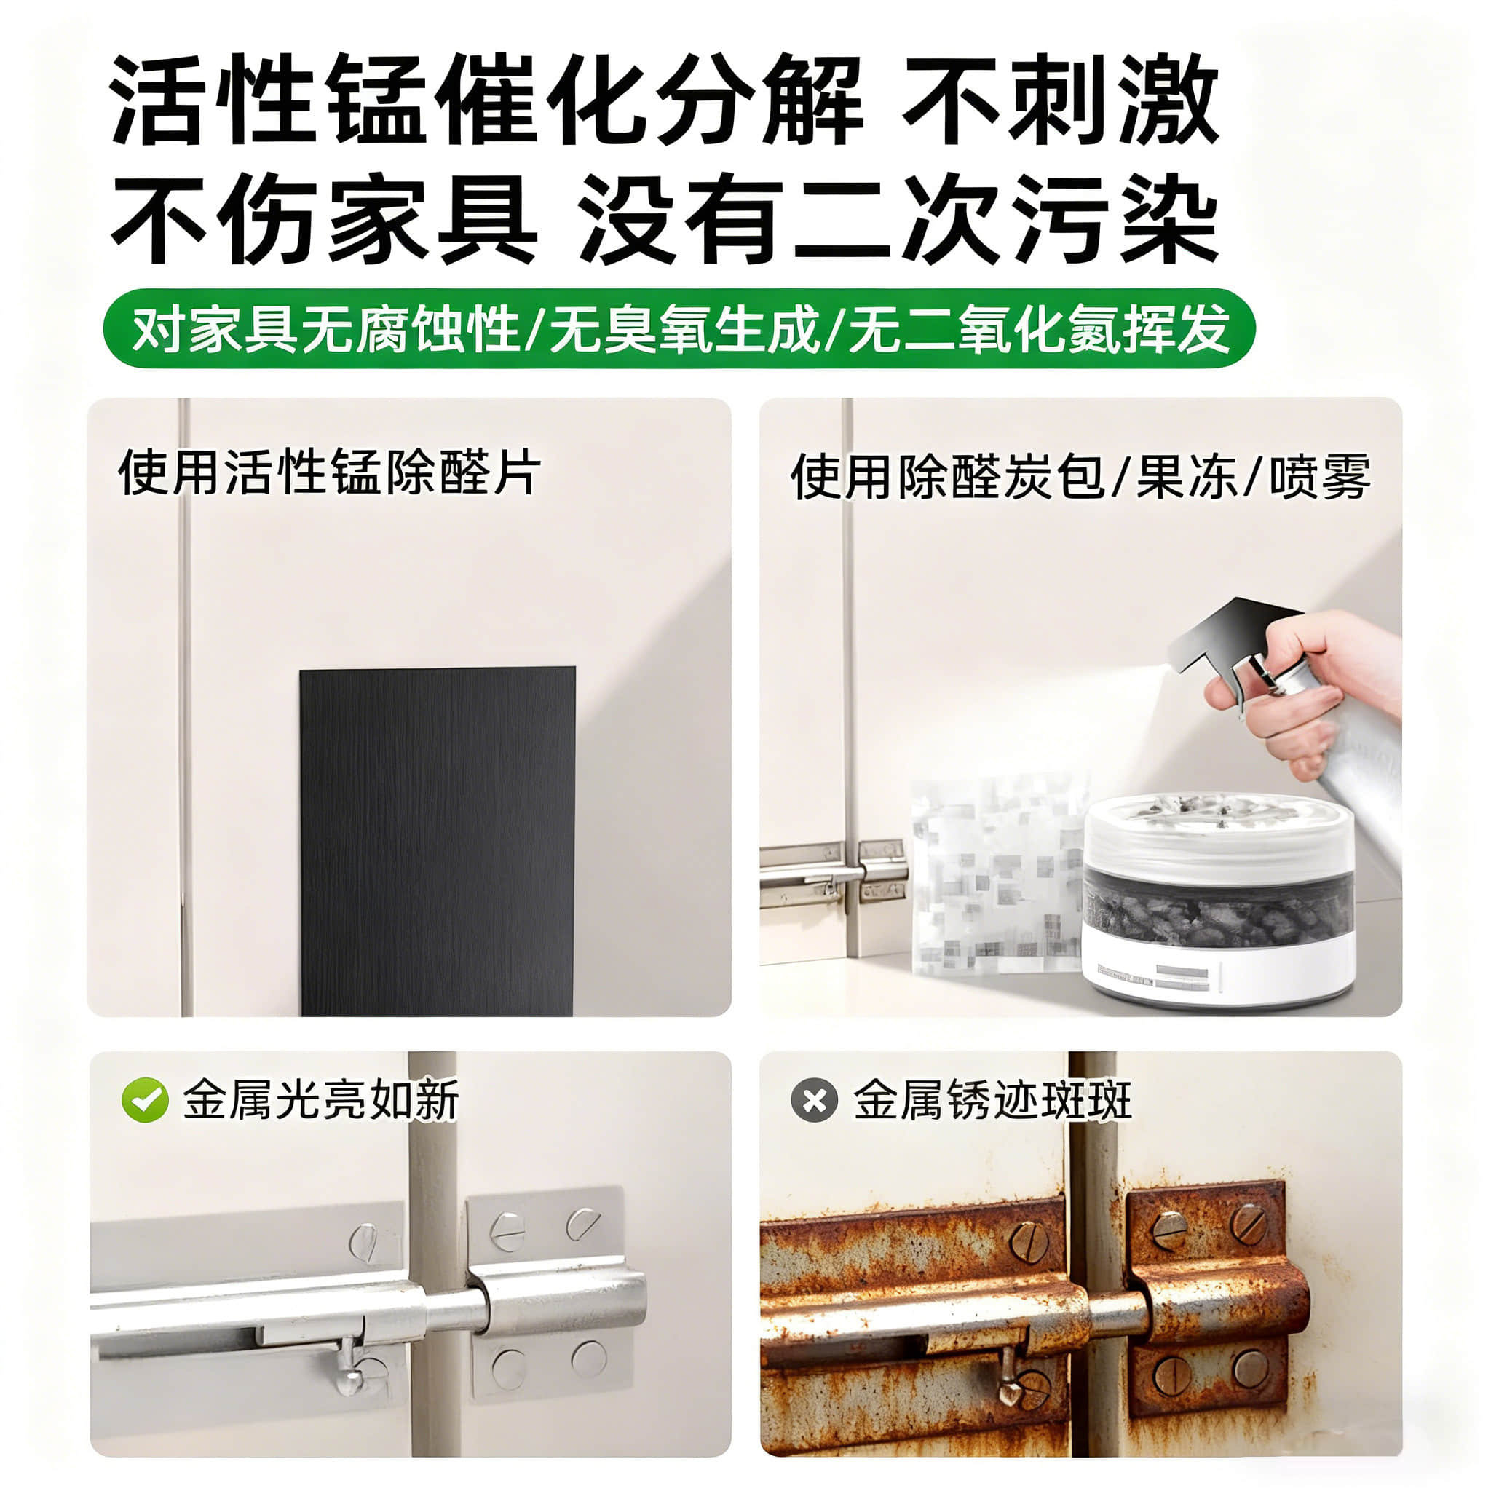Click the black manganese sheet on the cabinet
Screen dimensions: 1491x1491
(x=438, y=841)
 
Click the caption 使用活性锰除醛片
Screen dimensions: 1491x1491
(x=330, y=472)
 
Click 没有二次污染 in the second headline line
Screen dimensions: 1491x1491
(x=899, y=218)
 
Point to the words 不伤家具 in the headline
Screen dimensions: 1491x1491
(x=324, y=218)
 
